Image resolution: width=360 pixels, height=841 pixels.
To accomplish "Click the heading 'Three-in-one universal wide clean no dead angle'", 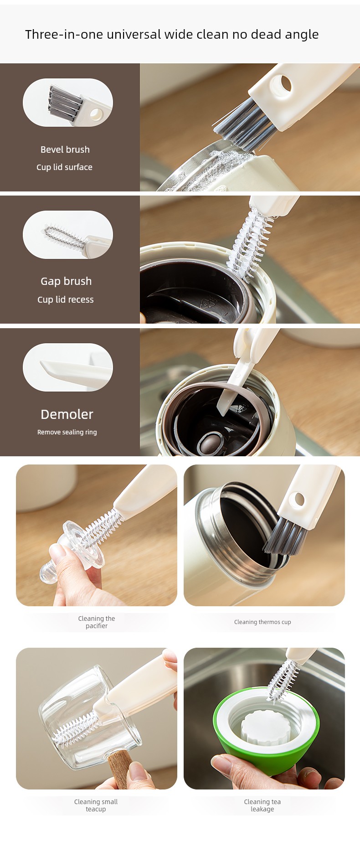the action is [172, 35].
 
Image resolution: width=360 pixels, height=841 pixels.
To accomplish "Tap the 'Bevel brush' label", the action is [65, 150].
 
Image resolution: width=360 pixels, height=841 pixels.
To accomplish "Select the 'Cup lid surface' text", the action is [64, 167].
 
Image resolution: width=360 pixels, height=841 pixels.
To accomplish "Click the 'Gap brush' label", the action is [66, 281].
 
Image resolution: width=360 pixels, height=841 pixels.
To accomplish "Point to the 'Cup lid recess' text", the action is [66, 299].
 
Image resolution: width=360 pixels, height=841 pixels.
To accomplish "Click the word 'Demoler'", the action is [67, 414].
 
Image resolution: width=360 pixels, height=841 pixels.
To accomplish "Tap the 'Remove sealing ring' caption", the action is [67, 432].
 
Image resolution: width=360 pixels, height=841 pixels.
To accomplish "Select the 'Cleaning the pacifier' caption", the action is [97, 622].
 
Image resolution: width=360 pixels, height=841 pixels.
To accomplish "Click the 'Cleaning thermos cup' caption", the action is [262, 622].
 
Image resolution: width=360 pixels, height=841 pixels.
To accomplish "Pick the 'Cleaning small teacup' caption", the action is [96, 805].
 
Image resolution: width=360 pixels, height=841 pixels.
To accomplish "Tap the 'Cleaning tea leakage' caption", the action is [262, 805].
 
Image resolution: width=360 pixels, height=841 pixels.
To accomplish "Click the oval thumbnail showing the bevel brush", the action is [68, 103].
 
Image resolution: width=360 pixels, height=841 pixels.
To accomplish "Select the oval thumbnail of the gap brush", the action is [68, 235].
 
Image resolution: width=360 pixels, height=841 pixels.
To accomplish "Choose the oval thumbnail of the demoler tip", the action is [68, 367].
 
